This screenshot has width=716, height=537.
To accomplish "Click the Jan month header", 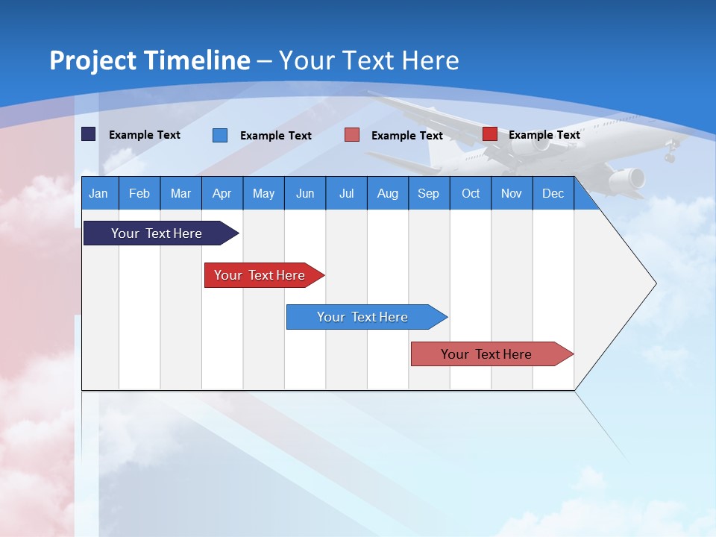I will tap(98, 194).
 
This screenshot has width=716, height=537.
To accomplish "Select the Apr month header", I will tap(222, 194).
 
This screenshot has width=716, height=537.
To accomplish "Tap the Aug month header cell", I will tap(387, 194).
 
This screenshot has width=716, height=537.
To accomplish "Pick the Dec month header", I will tap(553, 194).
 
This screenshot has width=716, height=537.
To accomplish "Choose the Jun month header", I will tap(304, 194).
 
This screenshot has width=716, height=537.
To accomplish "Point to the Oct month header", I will tap(471, 194).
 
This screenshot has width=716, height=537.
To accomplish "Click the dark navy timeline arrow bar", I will tap(157, 233).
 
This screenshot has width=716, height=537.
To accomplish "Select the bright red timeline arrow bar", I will tap(260, 275).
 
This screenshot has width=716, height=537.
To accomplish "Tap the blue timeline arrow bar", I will tap(362, 317).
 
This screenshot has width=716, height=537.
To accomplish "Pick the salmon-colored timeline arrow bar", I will tap(486, 354).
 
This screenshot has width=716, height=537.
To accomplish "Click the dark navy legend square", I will tap(89, 134).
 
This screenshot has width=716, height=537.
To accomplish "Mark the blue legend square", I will tap(220, 135).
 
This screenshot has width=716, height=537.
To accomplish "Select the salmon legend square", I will tap(352, 135).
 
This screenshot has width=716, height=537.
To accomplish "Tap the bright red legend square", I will tap(490, 134).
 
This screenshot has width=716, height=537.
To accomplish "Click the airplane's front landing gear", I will tap(670, 156).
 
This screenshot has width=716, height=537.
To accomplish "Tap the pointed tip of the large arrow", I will tap(655, 283).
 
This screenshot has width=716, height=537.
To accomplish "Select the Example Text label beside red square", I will tap(544, 135).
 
